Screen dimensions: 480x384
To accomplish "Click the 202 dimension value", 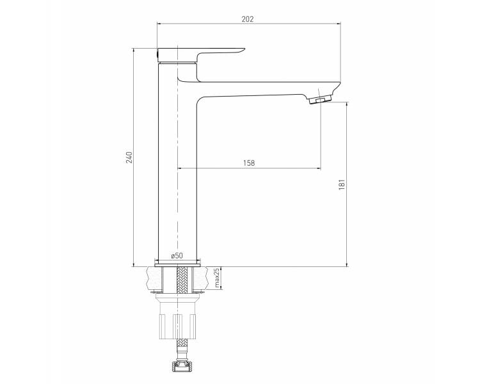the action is [x=248, y=19].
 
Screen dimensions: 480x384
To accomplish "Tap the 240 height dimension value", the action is [x=130, y=157].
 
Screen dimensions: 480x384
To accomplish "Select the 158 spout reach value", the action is [x=249, y=163].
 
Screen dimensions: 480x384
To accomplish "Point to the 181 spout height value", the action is [x=342, y=184].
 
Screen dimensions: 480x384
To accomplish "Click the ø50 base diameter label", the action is [x=177, y=255].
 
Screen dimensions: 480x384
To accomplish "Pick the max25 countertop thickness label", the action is [x=217, y=277].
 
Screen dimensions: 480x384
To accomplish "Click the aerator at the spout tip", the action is [x=320, y=100].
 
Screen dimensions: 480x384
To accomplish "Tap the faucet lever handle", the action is [x=200, y=54].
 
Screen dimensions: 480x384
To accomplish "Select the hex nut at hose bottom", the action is [x=182, y=365].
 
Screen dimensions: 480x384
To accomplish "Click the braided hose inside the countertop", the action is [x=182, y=279].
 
